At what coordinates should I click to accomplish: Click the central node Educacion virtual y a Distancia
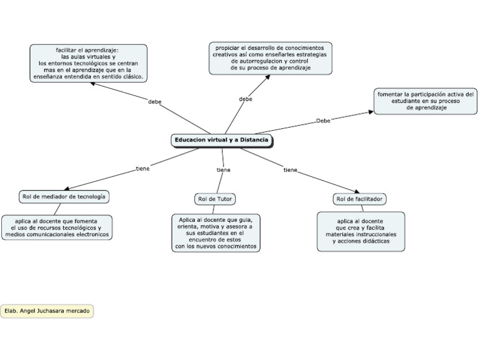pyautogui.click(x=222, y=141)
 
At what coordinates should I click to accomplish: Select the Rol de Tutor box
pyautogui.click(x=215, y=199)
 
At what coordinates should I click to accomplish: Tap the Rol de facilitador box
pyautogui.click(x=360, y=199)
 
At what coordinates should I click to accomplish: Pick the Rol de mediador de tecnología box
pyautogui.click(x=63, y=196)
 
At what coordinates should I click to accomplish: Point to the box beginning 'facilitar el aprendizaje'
pyautogui.click(x=88, y=63)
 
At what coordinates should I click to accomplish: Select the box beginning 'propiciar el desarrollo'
pyautogui.click(x=270, y=58)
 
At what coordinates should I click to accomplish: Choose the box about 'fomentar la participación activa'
pyautogui.click(x=426, y=101)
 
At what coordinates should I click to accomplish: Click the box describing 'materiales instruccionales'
pyautogui.click(x=361, y=231)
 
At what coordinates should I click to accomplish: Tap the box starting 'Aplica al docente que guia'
pyautogui.click(x=215, y=232)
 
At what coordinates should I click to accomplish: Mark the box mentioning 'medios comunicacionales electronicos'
pyautogui.click(x=57, y=227)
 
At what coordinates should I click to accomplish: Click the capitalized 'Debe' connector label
pyautogui.click(x=323, y=121)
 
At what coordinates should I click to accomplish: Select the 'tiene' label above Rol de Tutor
pyautogui.click(x=223, y=169)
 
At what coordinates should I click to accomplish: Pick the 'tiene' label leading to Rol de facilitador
pyautogui.click(x=290, y=169)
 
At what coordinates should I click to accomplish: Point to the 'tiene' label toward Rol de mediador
pyautogui.click(x=143, y=168)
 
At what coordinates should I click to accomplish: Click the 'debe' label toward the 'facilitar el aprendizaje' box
pyautogui.click(x=155, y=101)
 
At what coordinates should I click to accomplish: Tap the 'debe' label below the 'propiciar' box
pyautogui.click(x=246, y=98)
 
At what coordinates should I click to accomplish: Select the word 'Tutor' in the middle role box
pyautogui.click(x=223, y=199)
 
